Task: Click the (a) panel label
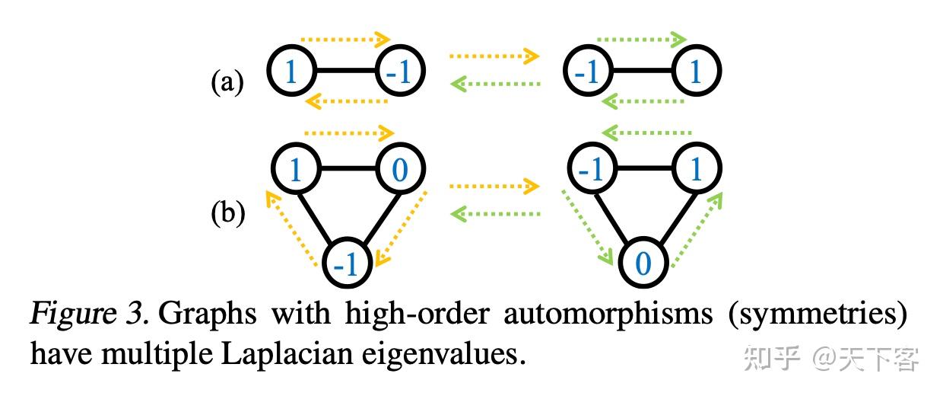227,82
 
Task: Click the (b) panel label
227,214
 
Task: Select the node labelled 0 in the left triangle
398,169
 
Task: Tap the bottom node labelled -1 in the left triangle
347,263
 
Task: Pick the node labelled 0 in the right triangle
643,263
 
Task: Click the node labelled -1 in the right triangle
590,169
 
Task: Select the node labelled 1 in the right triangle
695,169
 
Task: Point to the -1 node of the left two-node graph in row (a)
398,72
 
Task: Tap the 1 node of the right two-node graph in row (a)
695,72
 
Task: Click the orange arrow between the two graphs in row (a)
494,56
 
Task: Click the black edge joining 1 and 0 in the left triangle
347,169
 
